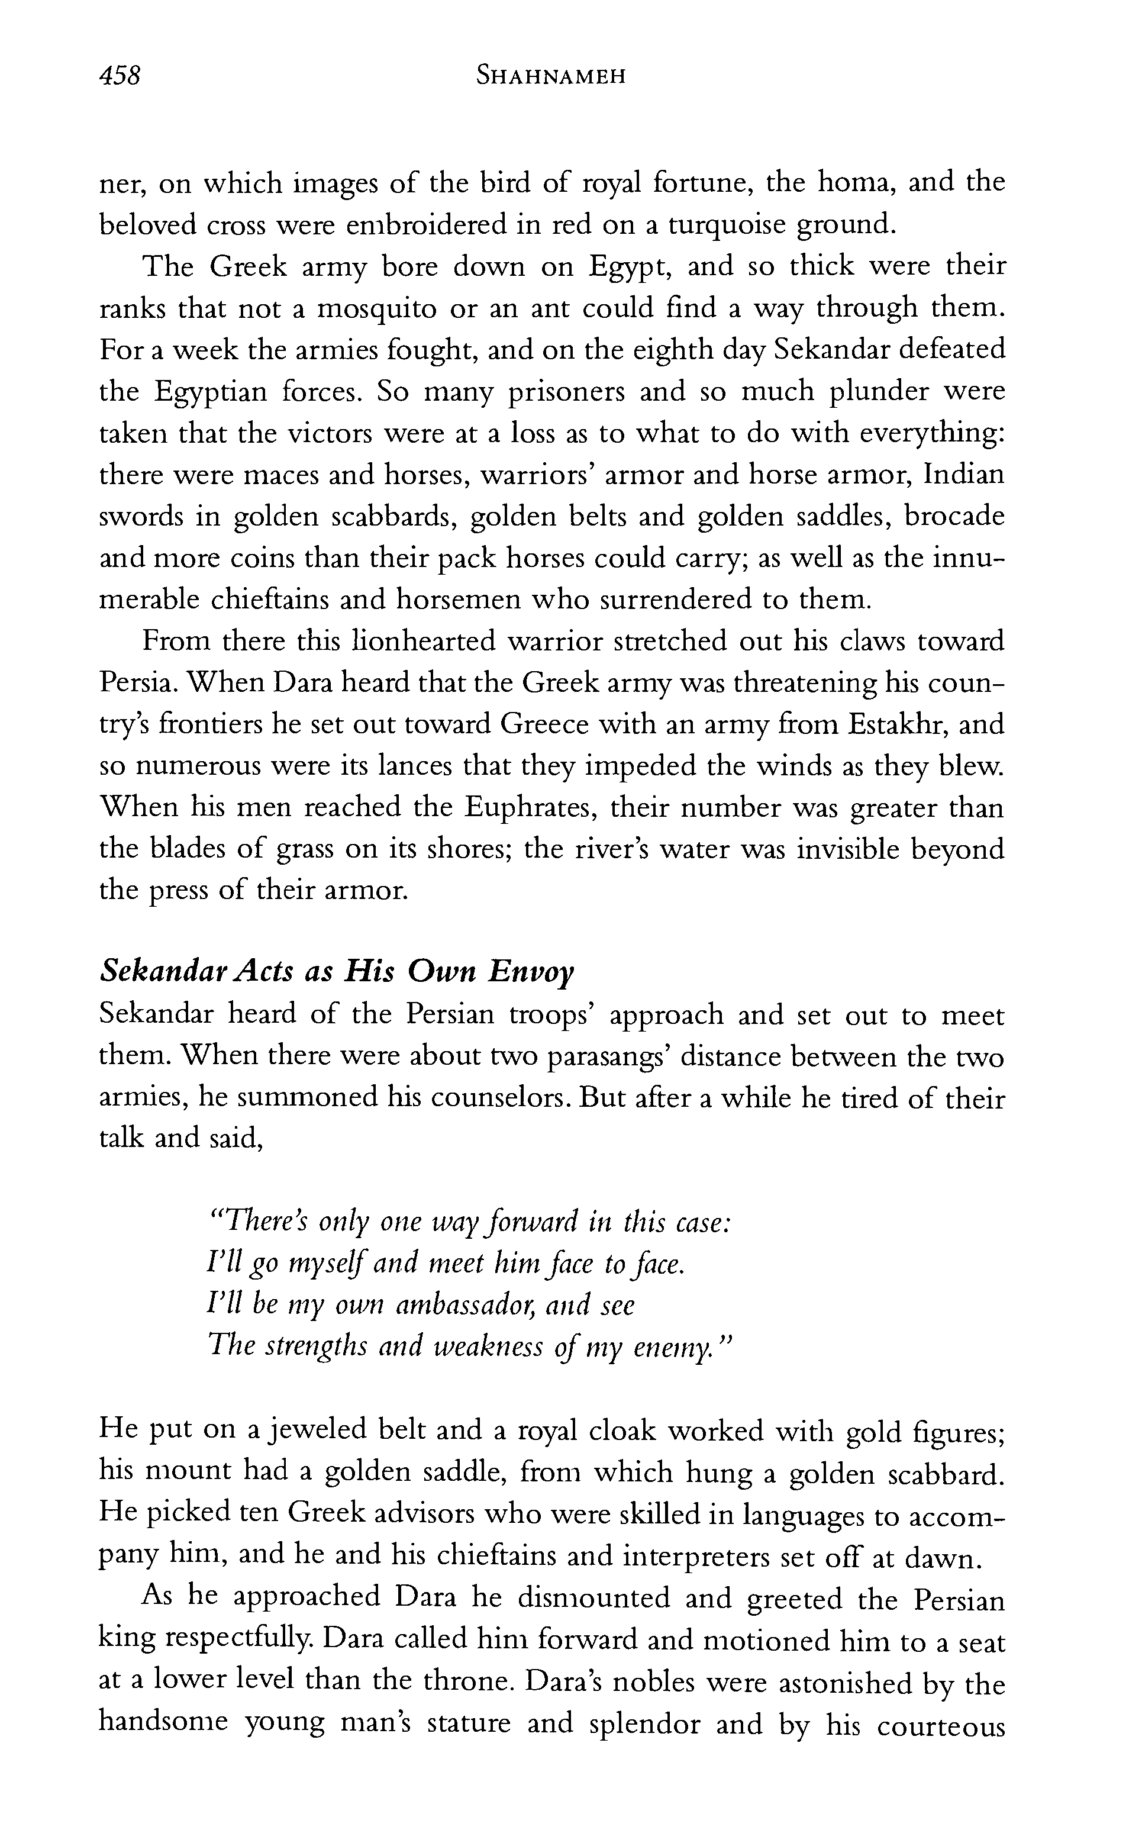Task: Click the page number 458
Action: (x=120, y=76)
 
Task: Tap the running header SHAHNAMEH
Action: (x=551, y=76)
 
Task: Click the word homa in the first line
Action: (x=858, y=183)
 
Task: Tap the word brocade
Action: (x=954, y=517)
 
